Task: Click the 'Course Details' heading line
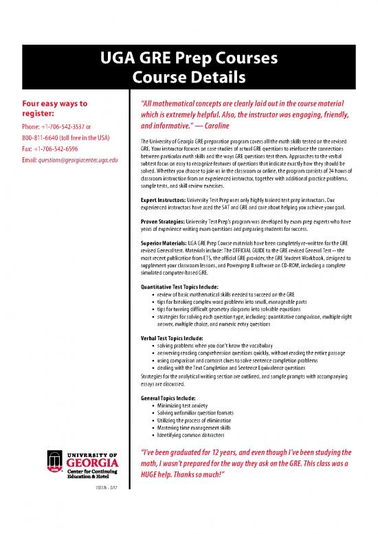[x=189, y=75]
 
